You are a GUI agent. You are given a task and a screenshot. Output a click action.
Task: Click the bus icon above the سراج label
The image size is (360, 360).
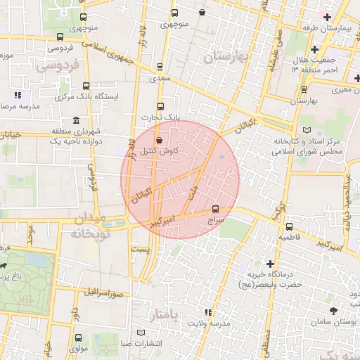(215, 208)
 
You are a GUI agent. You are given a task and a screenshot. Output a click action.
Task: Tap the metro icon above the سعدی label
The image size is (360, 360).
(160, 67)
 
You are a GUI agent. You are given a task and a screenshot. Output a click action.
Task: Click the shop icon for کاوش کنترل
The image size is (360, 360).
(158, 139)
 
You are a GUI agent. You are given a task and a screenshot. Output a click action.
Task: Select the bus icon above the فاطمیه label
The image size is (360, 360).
(289, 226)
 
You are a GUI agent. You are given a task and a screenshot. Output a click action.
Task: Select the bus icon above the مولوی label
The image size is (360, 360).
(78, 337)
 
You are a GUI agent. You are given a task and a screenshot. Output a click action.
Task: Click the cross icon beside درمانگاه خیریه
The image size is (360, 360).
(269, 263)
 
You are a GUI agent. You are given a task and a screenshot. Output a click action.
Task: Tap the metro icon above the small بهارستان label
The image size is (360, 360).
(304, 89)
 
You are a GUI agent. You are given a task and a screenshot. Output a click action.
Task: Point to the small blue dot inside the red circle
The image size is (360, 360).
(221, 156)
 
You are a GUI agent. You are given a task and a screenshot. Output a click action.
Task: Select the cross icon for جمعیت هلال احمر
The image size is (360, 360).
(314, 49)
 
